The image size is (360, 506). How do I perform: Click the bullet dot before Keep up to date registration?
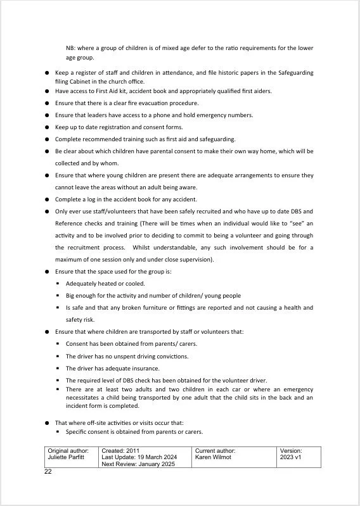[x=47, y=127]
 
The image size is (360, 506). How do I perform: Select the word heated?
[x=106, y=284]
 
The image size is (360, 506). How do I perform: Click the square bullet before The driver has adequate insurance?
[x=58, y=369]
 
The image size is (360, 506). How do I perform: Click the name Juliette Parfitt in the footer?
[x=66, y=457]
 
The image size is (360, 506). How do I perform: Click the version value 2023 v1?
[x=292, y=457]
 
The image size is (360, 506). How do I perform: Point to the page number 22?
[x=48, y=472]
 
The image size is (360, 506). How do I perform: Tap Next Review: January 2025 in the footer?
[x=139, y=464]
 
